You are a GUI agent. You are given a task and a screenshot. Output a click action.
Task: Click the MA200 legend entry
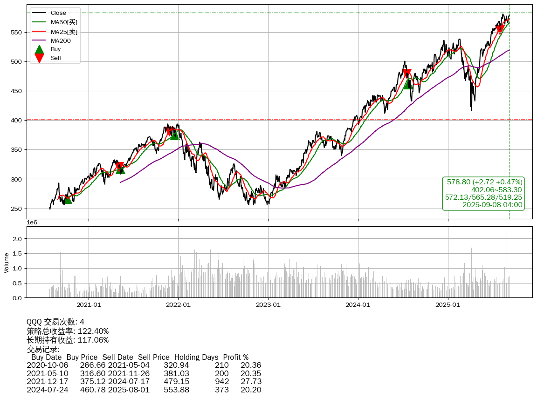pos(60,40)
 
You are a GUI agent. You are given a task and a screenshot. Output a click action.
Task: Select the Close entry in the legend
pos(58,13)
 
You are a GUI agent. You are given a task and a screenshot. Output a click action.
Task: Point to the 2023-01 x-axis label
pos(268,305)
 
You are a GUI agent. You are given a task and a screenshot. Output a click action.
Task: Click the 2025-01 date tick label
pos(448,305)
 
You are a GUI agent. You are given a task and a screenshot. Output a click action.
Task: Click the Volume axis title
pos(7,263)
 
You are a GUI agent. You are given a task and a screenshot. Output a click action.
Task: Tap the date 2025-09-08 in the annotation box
pos(480,204)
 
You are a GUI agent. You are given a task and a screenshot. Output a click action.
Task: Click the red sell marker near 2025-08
pos(500,29)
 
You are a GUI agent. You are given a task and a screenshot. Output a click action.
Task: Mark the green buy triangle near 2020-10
pos(68,199)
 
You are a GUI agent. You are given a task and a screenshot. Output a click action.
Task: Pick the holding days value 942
pos(222,382)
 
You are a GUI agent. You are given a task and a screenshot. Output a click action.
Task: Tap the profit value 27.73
pos(251,382)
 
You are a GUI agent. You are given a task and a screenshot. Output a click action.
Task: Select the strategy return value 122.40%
pos(93,331)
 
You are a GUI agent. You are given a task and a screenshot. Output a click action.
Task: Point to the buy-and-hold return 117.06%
pos(93,340)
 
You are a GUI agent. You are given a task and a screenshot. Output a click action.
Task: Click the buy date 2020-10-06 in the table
pos(47,365)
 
